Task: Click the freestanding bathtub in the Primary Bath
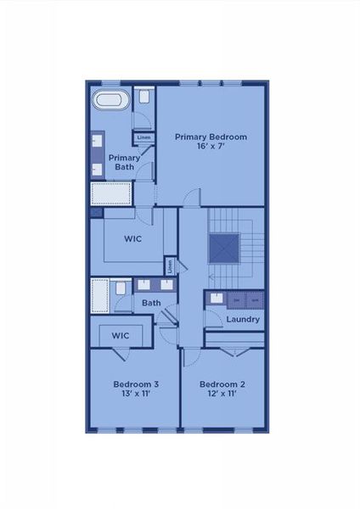click(x=110, y=99)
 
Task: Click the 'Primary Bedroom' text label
click(x=211, y=136)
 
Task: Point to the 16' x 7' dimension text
click(x=211, y=146)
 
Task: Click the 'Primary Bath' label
click(x=124, y=161)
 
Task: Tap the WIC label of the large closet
click(x=132, y=238)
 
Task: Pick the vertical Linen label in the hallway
click(x=170, y=266)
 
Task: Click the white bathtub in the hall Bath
click(x=101, y=296)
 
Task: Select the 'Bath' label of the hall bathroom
click(x=151, y=303)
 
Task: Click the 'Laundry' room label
click(x=243, y=319)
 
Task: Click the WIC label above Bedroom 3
click(x=121, y=336)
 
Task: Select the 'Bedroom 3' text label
click(x=136, y=384)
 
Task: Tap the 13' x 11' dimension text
click(x=136, y=395)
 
